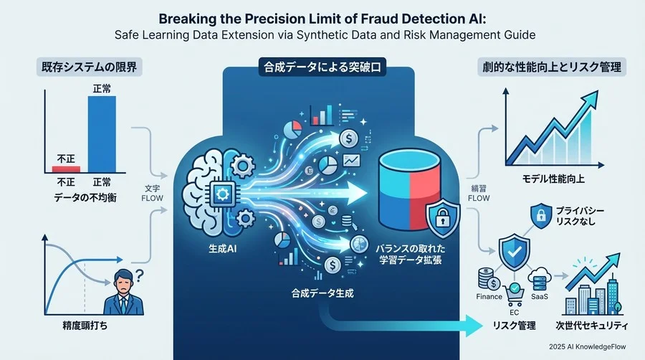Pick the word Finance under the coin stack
click(x=489, y=296)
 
